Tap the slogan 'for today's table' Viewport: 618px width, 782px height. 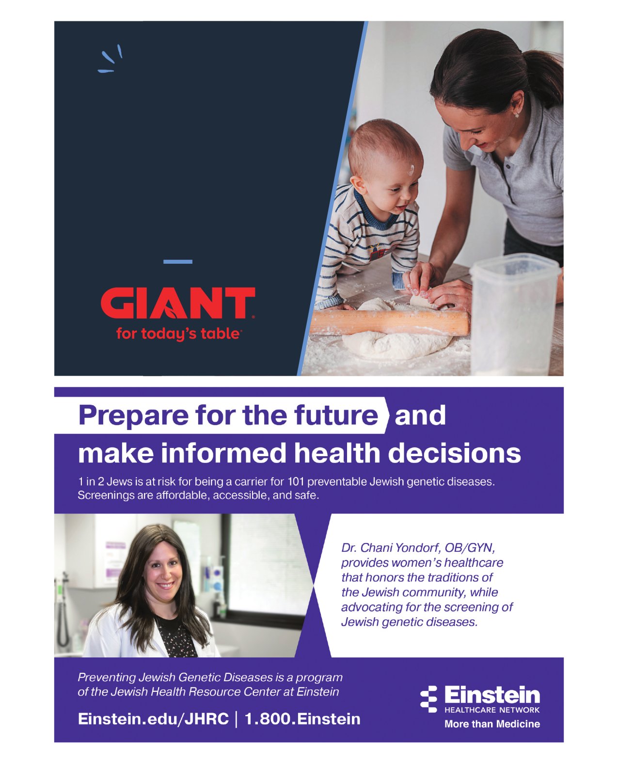[178, 334]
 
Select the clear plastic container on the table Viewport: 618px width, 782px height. [515, 314]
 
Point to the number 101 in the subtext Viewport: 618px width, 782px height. [295, 482]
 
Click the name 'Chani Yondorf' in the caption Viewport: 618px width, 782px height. [400, 548]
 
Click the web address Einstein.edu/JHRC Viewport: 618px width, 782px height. [153, 719]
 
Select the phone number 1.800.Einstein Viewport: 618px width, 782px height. [302, 719]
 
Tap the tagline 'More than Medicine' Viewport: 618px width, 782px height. [492, 724]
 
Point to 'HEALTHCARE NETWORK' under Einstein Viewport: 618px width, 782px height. [492, 710]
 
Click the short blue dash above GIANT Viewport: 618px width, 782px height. [178, 262]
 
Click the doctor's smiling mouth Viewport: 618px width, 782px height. [166, 586]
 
